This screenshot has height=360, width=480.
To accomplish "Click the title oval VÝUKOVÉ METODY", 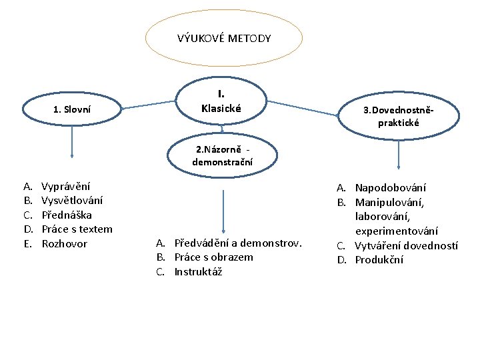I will click(224, 38).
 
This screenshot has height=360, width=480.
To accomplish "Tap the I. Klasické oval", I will click(221, 101).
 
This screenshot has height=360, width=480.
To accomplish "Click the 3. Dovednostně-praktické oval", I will click(399, 116).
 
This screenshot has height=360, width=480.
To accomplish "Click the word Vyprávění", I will click(66, 186).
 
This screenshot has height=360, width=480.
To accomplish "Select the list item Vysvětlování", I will click(72, 200).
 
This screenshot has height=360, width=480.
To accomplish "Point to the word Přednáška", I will click(67, 215).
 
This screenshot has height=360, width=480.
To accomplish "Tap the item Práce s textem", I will click(77, 229).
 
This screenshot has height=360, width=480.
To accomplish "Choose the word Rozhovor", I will click(65, 243).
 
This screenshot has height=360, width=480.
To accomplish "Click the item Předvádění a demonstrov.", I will click(238, 243).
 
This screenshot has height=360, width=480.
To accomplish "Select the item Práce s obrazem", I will click(213, 257).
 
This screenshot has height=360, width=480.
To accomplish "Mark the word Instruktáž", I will click(198, 271).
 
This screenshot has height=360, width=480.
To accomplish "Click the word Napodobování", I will click(391, 188).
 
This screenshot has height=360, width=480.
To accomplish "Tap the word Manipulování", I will click(389, 202).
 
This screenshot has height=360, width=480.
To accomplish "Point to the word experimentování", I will click(397, 231).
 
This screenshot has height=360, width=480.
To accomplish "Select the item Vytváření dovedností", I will click(406, 245).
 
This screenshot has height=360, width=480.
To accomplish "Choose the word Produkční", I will click(379, 259).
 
